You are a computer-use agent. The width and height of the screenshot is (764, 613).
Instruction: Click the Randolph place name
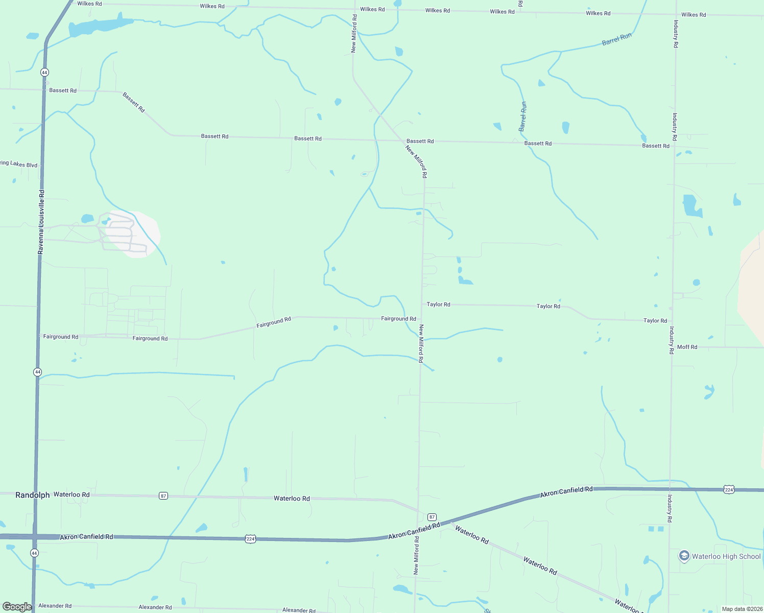click(32, 495)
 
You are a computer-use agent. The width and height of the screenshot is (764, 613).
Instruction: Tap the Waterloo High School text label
click(726, 556)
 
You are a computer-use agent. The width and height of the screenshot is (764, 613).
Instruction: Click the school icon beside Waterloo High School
click(684, 556)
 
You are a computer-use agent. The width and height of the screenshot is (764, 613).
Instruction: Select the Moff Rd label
click(687, 347)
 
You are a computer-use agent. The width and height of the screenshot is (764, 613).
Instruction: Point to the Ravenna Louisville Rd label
click(41, 222)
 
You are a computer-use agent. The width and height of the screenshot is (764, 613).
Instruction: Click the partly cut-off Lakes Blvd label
click(19, 164)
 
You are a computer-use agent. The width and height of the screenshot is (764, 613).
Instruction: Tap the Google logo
click(17, 607)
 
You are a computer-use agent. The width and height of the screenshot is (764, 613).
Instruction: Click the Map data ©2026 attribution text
click(742, 609)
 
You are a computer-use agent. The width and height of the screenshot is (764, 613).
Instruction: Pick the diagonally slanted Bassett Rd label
click(134, 102)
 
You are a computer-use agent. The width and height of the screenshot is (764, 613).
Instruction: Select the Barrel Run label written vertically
click(523, 116)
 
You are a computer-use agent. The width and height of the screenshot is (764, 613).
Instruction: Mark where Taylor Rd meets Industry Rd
click(672, 321)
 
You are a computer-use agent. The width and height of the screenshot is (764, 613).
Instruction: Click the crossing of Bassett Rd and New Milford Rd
click(403, 140)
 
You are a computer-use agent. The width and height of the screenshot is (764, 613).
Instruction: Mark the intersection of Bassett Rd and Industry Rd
click(675, 146)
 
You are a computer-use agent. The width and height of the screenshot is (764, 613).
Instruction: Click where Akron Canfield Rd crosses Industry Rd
click(670, 489)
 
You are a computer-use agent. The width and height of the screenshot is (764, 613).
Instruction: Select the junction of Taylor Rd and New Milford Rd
click(422, 304)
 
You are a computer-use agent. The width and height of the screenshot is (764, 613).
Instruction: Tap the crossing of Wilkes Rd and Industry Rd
click(677, 14)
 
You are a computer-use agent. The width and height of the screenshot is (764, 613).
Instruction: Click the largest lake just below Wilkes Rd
click(100, 27)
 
